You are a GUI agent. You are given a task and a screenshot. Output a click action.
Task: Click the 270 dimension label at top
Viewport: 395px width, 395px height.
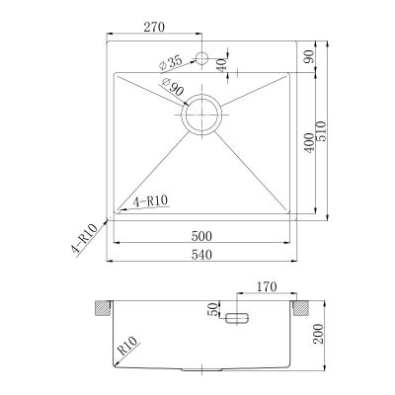154,27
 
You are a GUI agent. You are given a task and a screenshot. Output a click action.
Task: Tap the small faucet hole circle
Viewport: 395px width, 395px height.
201,58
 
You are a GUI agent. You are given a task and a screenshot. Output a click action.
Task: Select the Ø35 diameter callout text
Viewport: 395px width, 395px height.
170,62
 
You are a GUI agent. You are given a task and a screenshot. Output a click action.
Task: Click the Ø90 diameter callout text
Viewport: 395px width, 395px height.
173,87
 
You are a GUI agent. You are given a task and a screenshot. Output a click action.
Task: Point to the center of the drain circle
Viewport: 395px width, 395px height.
201,115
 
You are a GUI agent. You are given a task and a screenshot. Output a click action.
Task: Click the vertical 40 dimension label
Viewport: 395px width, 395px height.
222,65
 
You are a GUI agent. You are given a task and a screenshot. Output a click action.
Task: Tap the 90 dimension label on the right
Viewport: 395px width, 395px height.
309,56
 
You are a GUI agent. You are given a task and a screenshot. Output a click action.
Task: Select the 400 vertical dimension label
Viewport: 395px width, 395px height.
309,142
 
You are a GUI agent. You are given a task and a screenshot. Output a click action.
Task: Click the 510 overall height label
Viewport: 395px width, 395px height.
322,131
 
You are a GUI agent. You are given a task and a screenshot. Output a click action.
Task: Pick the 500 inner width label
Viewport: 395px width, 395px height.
201,236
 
